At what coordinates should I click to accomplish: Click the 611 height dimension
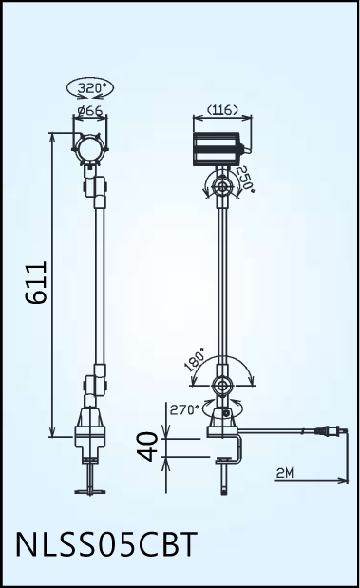tap(37, 282)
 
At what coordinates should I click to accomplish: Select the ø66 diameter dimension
tap(90, 110)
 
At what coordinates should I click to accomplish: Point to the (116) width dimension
tap(222, 110)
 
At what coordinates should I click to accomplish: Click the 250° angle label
tap(244, 179)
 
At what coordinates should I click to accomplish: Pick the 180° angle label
tap(195, 359)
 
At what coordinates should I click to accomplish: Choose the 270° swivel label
tap(184, 409)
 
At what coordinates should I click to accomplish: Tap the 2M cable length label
tap(285, 473)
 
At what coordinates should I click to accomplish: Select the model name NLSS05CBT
tap(106, 543)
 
